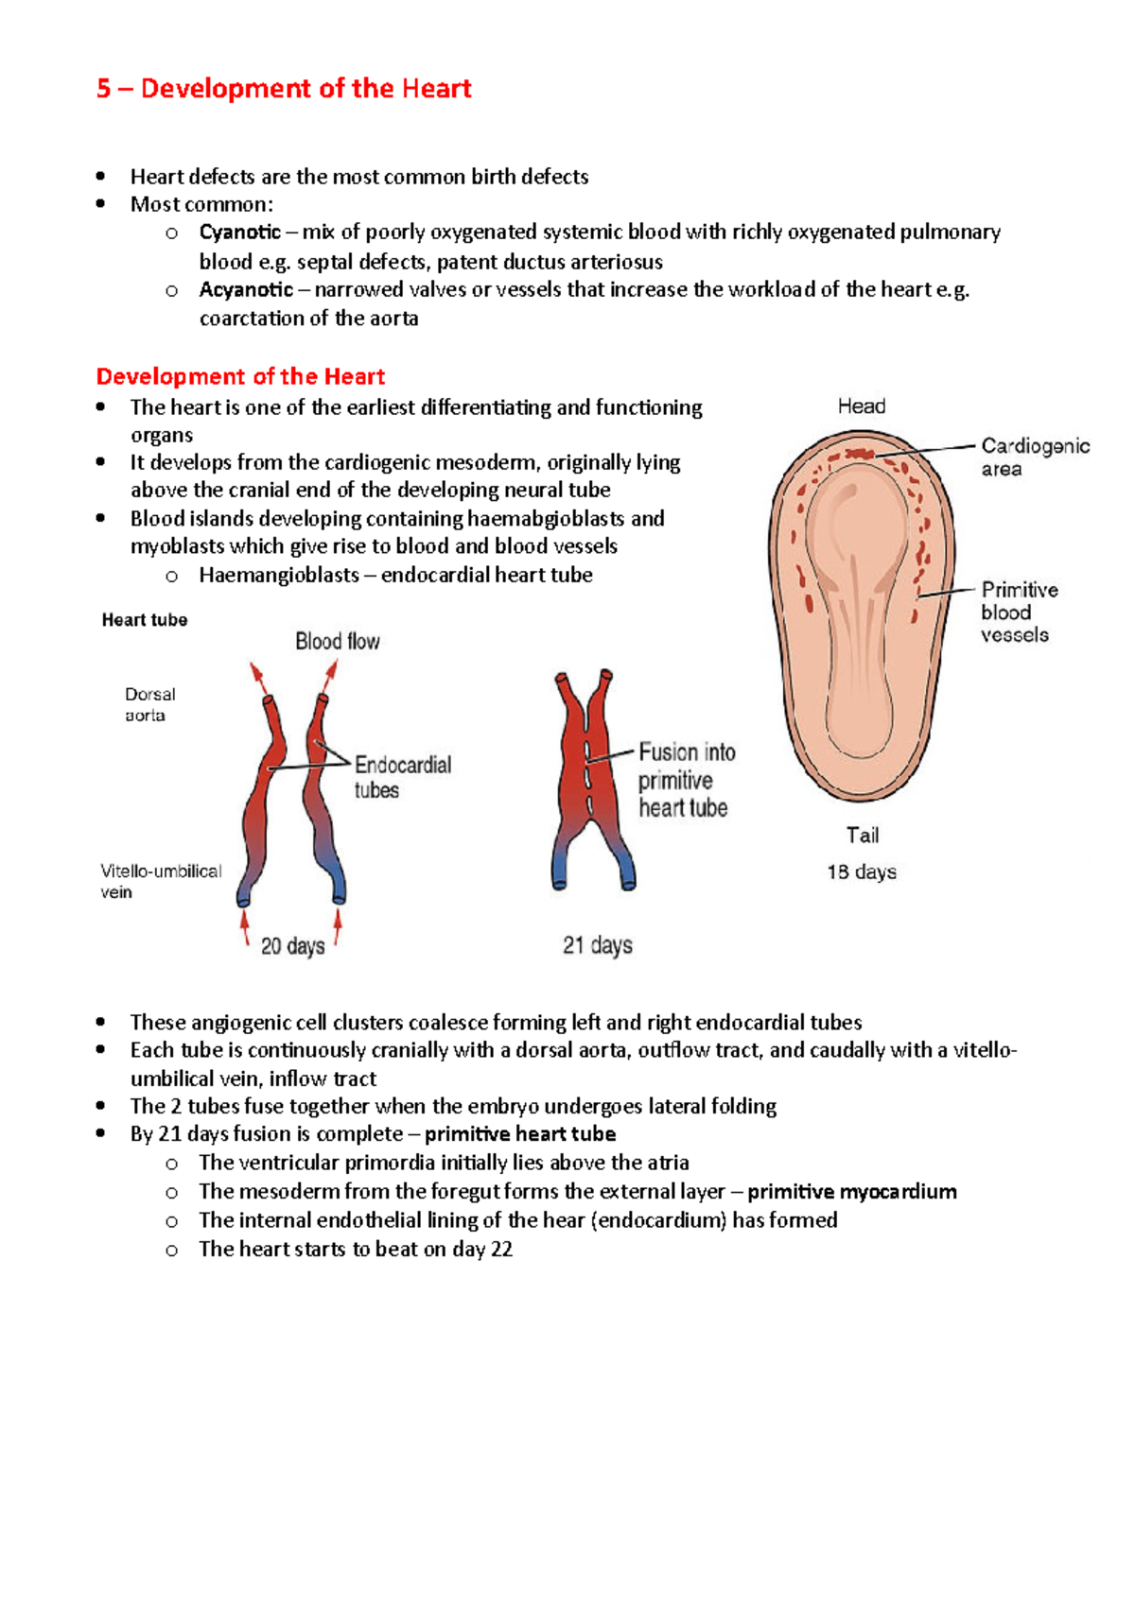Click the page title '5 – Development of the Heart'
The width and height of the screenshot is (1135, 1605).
click(x=284, y=89)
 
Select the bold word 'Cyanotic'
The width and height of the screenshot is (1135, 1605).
click(x=239, y=233)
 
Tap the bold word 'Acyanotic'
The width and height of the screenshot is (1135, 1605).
click(x=246, y=290)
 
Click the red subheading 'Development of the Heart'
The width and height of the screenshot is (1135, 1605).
click(x=240, y=377)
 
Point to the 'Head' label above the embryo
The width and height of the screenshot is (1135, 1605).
click(x=861, y=406)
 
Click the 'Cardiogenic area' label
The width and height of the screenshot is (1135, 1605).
click(x=1034, y=457)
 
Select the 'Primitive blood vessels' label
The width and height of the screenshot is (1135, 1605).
click(x=1018, y=613)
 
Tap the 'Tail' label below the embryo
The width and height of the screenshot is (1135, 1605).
click(x=862, y=836)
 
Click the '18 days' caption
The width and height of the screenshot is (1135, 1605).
click(x=861, y=872)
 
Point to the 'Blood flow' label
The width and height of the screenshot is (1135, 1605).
click(x=337, y=642)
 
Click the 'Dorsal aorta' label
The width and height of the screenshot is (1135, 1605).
click(x=149, y=705)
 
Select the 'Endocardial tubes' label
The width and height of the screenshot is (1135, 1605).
click(x=402, y=777)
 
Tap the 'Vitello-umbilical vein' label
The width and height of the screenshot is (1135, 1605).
click(x=160, y=881)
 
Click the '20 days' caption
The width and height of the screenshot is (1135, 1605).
click(x=292, y=946)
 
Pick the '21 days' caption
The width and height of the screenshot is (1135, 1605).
click(x=597, y=945)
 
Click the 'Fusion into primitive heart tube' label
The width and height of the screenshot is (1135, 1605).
click(x=686, y=780)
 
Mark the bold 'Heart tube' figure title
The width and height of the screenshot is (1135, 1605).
click(x=145, y=620)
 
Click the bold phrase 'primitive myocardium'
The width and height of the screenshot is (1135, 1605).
click(x=851, y=1192)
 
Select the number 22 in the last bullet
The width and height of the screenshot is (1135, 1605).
click(x=501, y=1250)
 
